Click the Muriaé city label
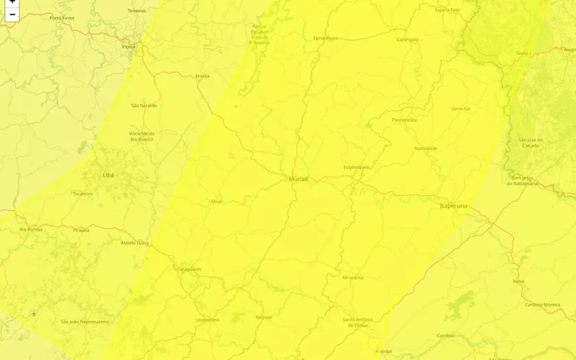(298, 179)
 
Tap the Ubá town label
(108, 175)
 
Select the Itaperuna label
(453, 206)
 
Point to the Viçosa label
(128, 47)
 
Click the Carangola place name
(407, 40)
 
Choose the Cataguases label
(189, 269)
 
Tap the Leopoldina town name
(208, 320)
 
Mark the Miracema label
(352, 278)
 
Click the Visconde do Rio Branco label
(142, 136)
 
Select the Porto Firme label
(62, 18)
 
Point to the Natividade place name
(426, 148)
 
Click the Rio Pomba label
(31, 229)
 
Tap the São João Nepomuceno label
(84, 321)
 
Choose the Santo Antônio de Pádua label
(359, 322)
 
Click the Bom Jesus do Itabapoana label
(523, 180)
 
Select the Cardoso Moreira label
(542, 304)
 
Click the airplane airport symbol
(34, 313)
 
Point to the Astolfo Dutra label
(134, 243)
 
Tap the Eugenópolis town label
(357, 167)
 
